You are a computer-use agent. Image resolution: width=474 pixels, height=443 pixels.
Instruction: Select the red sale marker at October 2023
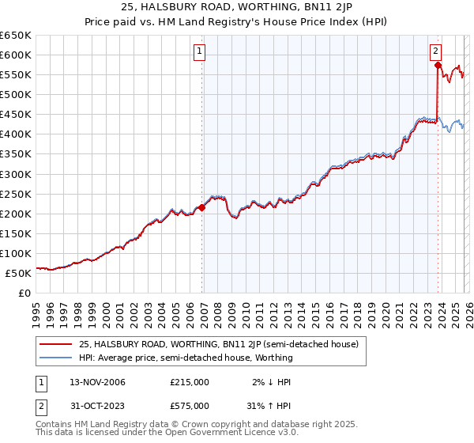point(438,65)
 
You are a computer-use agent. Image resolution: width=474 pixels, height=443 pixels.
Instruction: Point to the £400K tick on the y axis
point(16,134)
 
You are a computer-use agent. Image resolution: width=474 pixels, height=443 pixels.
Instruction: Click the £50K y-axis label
point(18,273)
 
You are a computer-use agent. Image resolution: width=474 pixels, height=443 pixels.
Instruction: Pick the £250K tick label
point(16,194)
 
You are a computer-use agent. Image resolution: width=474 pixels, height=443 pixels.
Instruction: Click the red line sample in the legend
point(55,345)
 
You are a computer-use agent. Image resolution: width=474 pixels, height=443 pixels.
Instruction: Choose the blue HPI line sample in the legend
point(55,358)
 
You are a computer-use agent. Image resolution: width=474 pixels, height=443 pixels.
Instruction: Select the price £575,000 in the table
point(190,405)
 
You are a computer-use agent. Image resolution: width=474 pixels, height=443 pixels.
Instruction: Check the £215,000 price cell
point(190,382)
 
